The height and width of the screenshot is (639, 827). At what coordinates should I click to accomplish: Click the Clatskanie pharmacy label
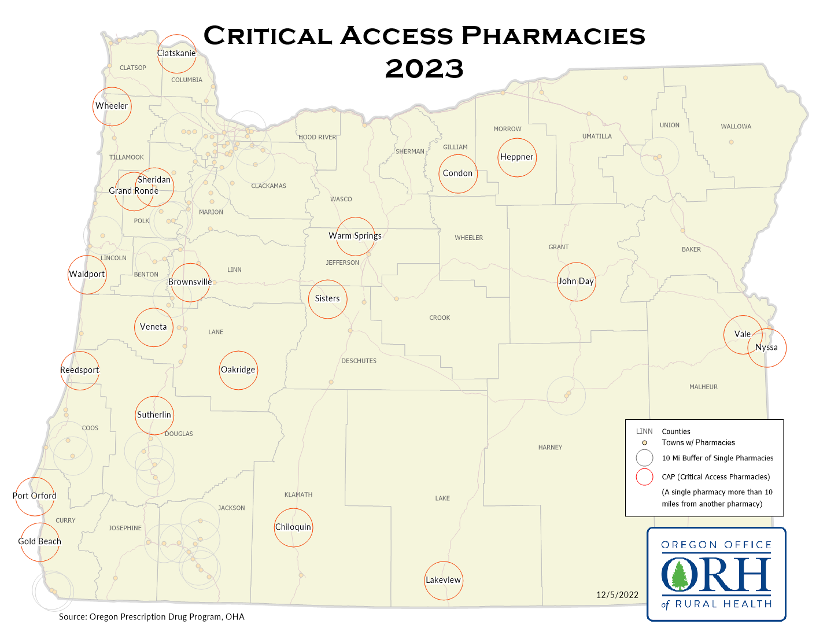pyautogui.click(x=176, y=53)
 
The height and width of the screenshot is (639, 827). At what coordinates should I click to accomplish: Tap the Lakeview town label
pyautogui.click(x=443, y=580)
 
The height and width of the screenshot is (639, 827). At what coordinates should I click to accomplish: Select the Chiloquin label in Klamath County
pyautogui.click(x=293, y=527)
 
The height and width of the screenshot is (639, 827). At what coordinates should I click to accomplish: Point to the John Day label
pyautogui.click(x=575, y=281)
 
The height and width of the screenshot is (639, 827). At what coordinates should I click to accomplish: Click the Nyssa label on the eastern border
pyautogui.click(x=766, y=348)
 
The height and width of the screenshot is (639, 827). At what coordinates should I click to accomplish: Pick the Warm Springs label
pyautogui.click(x=355, y=236)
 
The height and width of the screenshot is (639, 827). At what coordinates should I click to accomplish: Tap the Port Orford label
pyautogui.click(x=35, y=496)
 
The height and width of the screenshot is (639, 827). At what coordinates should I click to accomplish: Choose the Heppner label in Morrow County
pyautogui.click(x=516, y=157)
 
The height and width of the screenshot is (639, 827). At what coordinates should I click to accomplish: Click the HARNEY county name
pyautogui.click(x=550, y=447)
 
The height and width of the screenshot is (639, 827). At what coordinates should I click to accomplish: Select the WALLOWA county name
pyautogui.click(x=736, y=127)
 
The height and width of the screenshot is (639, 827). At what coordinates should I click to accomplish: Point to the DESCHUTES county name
pyautogui.click(x=359, y=361)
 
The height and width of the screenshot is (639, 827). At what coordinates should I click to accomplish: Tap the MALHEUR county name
pyautogui.click(x=703, y=387)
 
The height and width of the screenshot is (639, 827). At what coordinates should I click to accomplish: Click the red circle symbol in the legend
pyautogui.click(x=644, y=477)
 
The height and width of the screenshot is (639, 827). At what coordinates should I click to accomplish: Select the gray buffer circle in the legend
pyautogui.click(x=644, y=458)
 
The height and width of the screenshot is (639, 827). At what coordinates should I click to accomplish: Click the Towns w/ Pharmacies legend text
pyautogui.click(x=698, y=442)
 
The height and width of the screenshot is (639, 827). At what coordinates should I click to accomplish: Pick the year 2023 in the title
pyautogui.click(x=424, y=69)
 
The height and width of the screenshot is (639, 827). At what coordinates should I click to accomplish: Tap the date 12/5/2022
pyautogui.click(x=617, y=595)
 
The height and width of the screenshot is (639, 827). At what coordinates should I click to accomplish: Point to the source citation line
pyautogui.click(x=152, y=617)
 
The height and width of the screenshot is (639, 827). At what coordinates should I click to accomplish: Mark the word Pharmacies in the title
pyautogui.click(x=553, y=36)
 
